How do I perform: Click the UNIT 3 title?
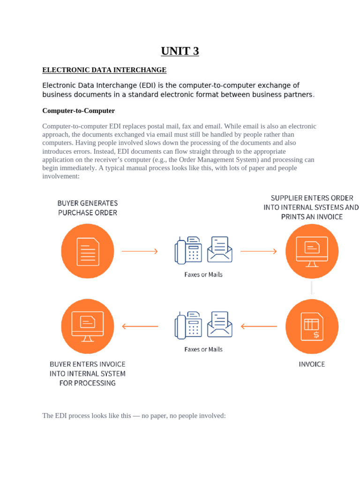[x=180, y=51]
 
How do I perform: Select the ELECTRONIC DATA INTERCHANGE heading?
[x=104, y=70]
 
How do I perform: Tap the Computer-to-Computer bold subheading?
[x=78, y=111]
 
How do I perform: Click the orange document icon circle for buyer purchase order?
[x=88, y=251]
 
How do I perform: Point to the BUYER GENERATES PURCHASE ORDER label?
[x=88, y=208]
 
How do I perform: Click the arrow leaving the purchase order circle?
[x=140, y=251]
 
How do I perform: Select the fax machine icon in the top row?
[x=188, y=250]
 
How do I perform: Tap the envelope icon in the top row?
[x=220, y=249]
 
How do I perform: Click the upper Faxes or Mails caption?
[x=203, y=274]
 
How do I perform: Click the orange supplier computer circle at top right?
[x=312, y=251]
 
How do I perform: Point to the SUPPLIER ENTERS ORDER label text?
[x=312, y=207]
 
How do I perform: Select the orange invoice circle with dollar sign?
[x=312, y=326]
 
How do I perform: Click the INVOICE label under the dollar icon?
[x=312, y=364]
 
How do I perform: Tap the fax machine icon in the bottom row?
[x=188, y=325]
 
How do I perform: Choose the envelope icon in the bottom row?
[x=220, y=324]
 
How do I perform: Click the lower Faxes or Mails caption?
[x=203, y=349]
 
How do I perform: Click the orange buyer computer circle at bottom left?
[x=88, y=326]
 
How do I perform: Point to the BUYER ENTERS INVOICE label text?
[x=88, y=373]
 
